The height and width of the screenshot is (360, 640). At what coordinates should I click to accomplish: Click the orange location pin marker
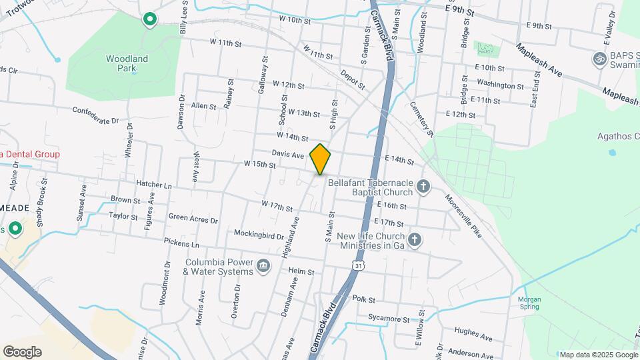[x=320, y=159]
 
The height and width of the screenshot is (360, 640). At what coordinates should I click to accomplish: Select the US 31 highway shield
[x=359, y=266]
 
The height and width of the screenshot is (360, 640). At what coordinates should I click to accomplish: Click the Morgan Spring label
[x=530, y=303]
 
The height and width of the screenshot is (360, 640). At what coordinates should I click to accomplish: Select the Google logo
[x=22, y=351]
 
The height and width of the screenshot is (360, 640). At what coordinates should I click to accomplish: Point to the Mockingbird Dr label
[x=260, y=234]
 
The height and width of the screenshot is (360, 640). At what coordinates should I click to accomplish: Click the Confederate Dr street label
[x=95, y=115]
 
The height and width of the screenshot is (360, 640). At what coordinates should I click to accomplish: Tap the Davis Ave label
[x=288, y=154]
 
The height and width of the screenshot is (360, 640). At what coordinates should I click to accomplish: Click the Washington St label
[x=500, y=86]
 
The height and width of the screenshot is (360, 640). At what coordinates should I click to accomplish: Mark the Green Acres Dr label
[x=193, y=218]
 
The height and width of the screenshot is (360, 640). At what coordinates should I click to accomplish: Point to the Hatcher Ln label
[x=153, y=185]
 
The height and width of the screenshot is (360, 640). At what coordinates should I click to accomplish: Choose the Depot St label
[x=353, y=79]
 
